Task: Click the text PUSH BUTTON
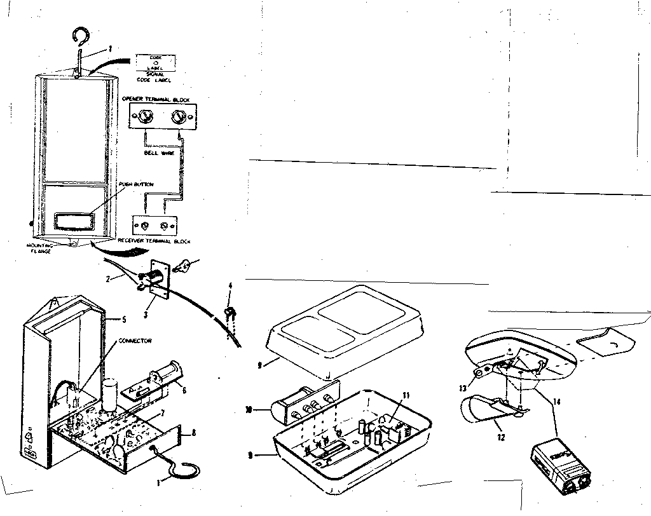(x=135, y=184)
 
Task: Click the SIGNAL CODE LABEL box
(x=156, y=62)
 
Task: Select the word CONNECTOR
(x=135, y=341)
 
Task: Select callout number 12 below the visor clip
(x=502, y=438)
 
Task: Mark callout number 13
(x=463, y=388)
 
